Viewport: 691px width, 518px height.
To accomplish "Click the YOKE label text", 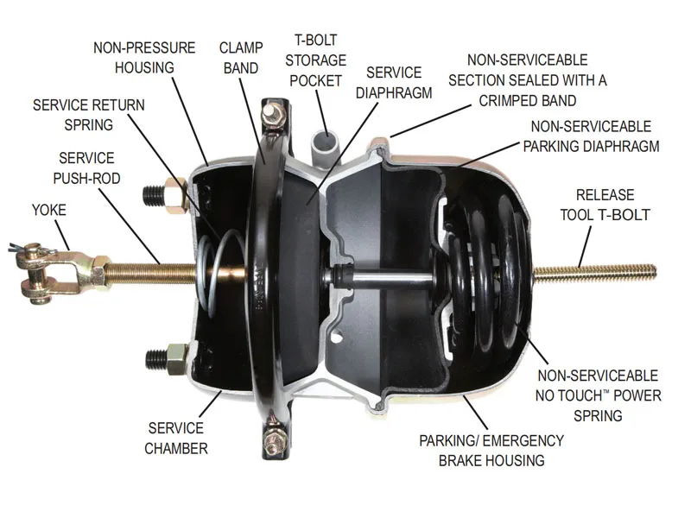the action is [x=49, y=210].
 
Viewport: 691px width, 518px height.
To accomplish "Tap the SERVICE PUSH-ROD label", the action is [x=87, y=167].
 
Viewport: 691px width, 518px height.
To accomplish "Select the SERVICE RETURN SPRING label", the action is [x=89, y=115].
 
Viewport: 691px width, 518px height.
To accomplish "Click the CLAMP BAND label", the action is [x=241, y=58].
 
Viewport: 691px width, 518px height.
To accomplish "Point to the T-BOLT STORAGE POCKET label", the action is [x=315, y=60].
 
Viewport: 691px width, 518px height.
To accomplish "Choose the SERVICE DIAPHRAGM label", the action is [x=394, y=82].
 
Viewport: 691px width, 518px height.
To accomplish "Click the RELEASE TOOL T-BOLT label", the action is [x=605, y=205].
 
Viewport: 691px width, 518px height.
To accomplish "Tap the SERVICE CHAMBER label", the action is [x=176, y=438].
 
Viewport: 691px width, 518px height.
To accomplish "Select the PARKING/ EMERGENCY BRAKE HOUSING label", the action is [x=491, y=450].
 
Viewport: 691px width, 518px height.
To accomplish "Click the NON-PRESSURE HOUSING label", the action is [x=144, y=57].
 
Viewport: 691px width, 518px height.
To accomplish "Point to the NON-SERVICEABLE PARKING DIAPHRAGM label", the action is [x=591, y=136].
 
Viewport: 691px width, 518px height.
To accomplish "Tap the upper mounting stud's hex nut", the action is [x=176, y=196].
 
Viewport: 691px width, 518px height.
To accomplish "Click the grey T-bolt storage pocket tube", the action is [x=325, y=148].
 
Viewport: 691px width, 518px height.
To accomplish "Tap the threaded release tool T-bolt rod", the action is [x=595, y=272].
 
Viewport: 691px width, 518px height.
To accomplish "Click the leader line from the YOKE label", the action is [x=62, y=235].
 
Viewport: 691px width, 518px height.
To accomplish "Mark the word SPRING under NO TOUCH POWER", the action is [x=598, y=415].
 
